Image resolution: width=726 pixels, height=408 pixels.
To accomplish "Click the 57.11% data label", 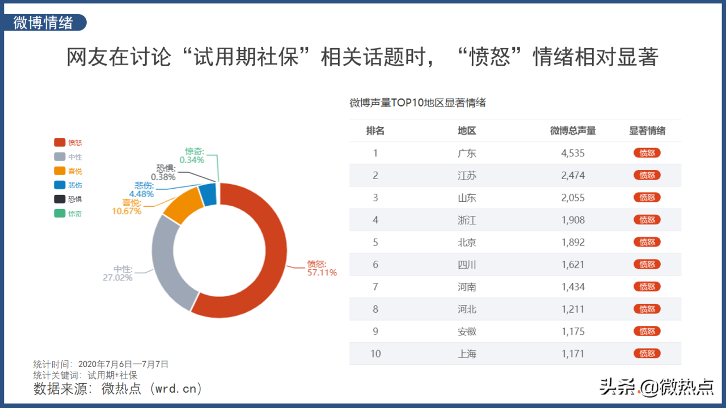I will (x=322, y=273).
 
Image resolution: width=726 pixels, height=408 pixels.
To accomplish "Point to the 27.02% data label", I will (x=117, y=278).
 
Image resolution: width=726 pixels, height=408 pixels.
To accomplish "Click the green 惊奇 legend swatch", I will (x=59, y=214).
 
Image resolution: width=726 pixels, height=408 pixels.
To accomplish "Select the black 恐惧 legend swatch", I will (x=59, y=199).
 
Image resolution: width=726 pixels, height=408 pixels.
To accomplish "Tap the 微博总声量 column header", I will (x=573, y=131).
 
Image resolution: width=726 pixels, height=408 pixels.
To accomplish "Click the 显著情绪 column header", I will (x=647, y=131).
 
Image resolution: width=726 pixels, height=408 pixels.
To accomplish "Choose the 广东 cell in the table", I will (x=467, y=153).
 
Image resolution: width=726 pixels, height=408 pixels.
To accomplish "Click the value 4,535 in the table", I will (x=573, y=153).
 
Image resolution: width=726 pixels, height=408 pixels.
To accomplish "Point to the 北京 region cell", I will (x=467, y=242).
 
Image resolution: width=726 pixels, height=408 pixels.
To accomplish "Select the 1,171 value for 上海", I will (x=573, y=354).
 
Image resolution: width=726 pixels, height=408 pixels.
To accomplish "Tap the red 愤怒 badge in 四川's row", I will (x=647, y=265).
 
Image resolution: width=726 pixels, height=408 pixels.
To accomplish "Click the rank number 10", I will (x=375, y=354).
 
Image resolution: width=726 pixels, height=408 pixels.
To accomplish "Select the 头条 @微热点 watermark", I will (x=656, y=386).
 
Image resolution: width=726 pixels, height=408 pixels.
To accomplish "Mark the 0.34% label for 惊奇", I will (x=192, y=160).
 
